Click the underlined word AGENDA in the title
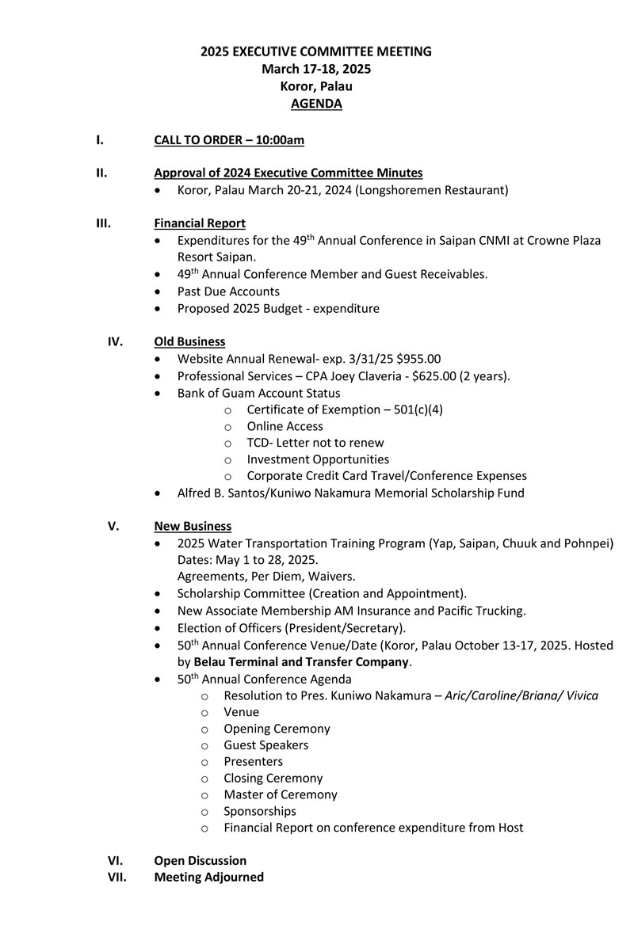coord(316,104)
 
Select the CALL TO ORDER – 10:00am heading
coord(229,140)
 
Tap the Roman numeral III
coord(103,223)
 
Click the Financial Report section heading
coord(200,223)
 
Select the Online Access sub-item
coord(285,426)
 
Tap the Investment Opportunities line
coord(318,459)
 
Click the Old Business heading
coord(189,341)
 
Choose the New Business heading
coord(193,526)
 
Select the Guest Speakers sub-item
coord(265,745)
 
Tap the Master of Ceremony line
coord(280,794)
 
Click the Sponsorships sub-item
coord(259,811)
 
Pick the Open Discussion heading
coord(200,860)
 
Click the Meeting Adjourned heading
coord(208,877)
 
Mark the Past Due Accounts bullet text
coord(228,291)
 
